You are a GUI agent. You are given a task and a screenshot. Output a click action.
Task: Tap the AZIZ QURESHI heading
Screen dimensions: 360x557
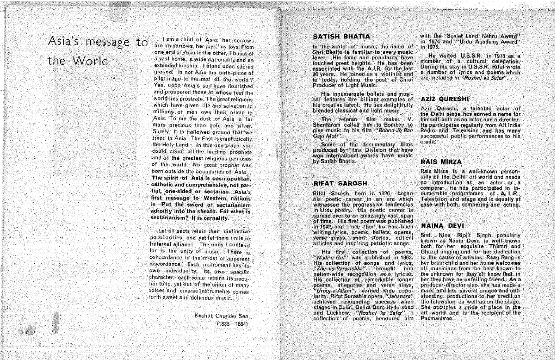[444, 100]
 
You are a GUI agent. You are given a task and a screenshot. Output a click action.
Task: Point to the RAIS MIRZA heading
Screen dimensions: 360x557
[441, 162]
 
